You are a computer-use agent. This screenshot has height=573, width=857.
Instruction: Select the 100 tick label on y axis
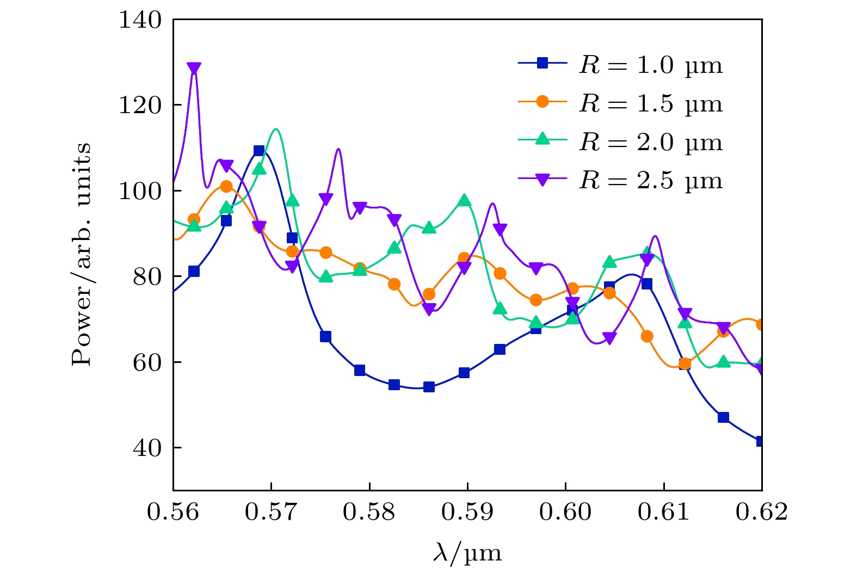140,191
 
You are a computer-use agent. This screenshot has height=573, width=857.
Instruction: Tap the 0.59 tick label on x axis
467,512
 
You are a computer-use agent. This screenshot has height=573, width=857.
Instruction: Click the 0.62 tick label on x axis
761,512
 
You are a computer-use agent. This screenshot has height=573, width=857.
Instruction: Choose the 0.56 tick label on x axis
173,512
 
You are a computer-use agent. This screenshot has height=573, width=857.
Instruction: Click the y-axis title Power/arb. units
82,255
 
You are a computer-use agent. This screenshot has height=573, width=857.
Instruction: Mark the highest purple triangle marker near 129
194,68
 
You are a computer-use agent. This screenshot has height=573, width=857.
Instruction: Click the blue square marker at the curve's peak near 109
259,151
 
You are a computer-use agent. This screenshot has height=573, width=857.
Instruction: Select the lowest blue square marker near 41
760,441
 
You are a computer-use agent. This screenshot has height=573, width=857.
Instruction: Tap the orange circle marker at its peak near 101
226,187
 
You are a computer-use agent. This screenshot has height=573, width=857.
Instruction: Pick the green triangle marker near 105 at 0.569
260,169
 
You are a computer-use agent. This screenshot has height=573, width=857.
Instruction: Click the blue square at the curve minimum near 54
429,387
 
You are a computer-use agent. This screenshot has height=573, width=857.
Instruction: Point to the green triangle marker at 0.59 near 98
464,200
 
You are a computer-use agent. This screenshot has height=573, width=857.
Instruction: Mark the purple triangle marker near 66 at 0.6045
609,338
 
